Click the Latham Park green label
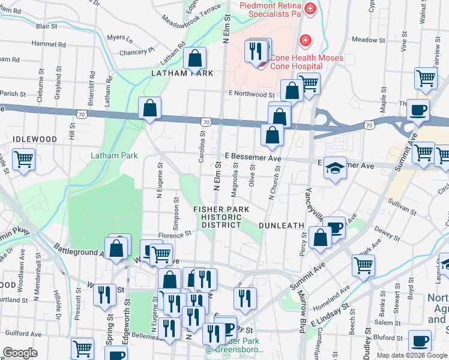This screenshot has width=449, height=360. click(114, 156)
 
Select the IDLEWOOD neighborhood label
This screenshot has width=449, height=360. click(35, 139)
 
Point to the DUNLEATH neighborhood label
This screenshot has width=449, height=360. click(282, 225)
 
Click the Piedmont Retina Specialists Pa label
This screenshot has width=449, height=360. click(270, 11)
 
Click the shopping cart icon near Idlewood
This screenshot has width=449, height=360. click(24, 160)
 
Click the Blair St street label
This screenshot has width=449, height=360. click(46, 26)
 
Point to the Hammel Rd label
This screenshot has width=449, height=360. click(44, 44)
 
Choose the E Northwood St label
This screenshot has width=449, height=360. click(251, 94)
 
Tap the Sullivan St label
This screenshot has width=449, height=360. click(402, 208)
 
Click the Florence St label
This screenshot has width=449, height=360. click(174, 233)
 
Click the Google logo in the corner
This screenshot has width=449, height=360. click(20, 353)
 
